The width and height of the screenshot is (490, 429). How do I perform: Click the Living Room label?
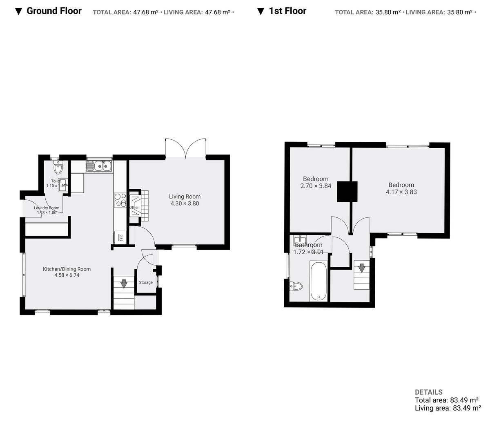tap(185, 197)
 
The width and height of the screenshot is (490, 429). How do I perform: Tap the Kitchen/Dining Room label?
tap(67, 269)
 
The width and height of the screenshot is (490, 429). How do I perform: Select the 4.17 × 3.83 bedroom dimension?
tap(401, 192)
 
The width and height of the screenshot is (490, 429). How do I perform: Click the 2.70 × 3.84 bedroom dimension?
tap(315, 185)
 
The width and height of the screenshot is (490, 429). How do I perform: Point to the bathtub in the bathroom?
tap(318, 282)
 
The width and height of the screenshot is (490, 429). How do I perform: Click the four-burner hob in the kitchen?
tap(120, 200)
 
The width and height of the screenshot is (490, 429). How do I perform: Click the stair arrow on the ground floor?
tap(123, 282)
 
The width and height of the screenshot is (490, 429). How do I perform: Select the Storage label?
tap(146, 282)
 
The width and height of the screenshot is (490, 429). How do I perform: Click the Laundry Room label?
tap(47, 208)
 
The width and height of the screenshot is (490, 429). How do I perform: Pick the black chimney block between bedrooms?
tap(347, 192)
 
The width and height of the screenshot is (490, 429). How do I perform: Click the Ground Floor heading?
tap(54, 11)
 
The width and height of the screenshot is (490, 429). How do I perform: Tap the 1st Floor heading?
tap(287, 11)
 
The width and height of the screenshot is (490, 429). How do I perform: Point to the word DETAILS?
tap(428, 392)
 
